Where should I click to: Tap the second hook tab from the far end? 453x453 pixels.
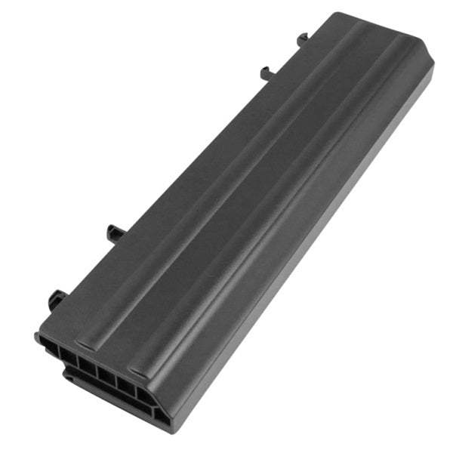click(267, 72)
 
